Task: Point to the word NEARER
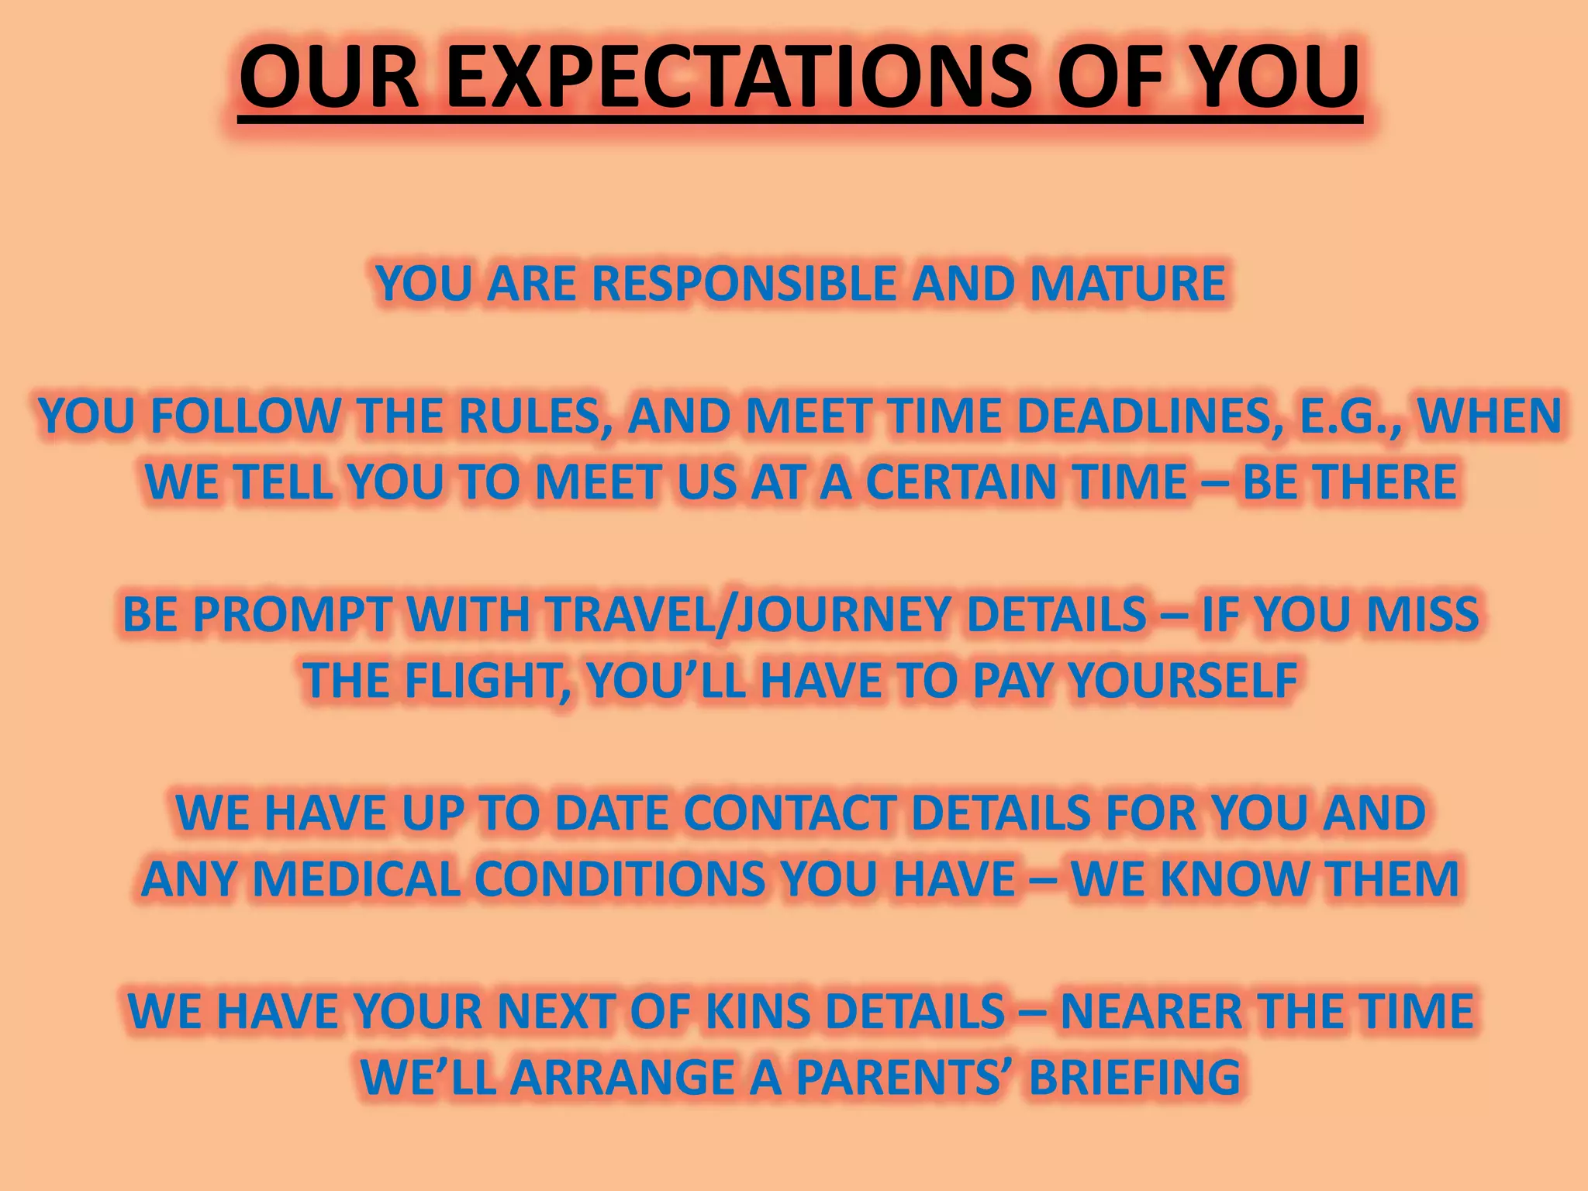pos(1151,1012)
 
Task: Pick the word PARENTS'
pos(903,1078)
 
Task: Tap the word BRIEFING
pos(1134,1078)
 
